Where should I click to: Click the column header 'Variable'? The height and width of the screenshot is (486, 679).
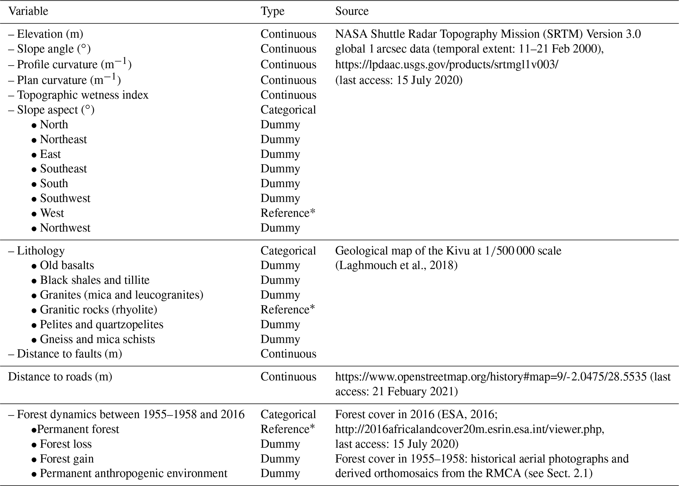(28, 11)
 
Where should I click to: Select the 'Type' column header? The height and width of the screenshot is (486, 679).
(272, 11)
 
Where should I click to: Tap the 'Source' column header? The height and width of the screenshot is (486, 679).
(351, 11)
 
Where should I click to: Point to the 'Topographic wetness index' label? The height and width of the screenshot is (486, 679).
(82, 95)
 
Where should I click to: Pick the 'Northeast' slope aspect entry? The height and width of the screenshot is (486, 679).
(63, 139)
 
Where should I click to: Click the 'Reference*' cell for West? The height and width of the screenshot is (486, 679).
(288, 213)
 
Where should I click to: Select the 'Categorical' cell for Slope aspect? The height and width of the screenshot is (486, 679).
(288, 110)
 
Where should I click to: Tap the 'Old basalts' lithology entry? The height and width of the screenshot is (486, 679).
(67, 265)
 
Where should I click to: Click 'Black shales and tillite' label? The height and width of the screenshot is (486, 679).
(95, 280)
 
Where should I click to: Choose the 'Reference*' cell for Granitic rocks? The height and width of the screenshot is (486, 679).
(288, 309)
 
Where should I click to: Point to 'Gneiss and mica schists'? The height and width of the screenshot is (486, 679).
(97, 339)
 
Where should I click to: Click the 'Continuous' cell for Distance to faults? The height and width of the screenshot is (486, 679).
(288, 354)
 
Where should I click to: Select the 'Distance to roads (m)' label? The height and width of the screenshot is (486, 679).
(60, 376)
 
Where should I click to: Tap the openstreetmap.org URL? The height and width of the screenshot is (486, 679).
(491, 376)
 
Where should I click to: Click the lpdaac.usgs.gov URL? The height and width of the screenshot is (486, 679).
(446, 64)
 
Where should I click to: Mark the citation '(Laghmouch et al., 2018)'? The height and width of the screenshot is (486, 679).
(396, 265)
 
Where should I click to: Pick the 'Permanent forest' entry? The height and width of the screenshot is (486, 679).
(78, 429)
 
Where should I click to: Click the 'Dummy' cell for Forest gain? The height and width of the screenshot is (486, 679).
(280, 458)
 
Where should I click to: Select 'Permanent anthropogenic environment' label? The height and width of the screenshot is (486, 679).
(133, 473)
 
